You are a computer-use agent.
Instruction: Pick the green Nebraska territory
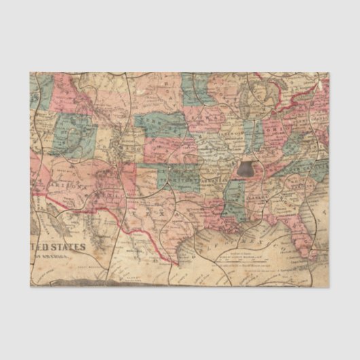(166, 125)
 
